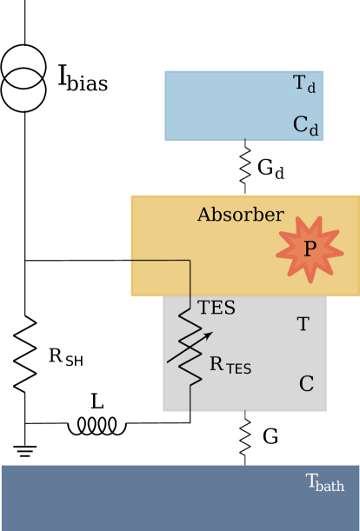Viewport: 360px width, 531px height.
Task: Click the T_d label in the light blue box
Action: click(x=304, y=84)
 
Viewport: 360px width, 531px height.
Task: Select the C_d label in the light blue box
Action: click(x=305, y=126)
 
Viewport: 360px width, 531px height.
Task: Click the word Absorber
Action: click(x=240, y=215)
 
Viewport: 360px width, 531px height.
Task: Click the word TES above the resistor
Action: click(x=217, y=308)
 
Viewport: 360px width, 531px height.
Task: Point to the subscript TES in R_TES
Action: click(x=238, y=368)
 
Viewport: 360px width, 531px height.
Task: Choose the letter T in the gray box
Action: click(x=303, y=324)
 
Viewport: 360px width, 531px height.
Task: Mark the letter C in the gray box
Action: click(x=306, y=384)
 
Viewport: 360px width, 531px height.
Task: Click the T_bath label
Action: click(x=324, y=483)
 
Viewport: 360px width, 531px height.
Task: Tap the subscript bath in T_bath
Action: click(x=330, y=487)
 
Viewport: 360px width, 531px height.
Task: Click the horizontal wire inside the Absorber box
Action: click(x=160, y=260)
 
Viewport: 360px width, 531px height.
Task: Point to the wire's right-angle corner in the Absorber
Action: click(x=190, y=260)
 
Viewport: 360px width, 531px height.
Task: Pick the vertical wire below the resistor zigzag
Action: click(x=190, y=398)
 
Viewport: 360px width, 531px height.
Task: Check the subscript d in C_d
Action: click(x=314, y=130)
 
